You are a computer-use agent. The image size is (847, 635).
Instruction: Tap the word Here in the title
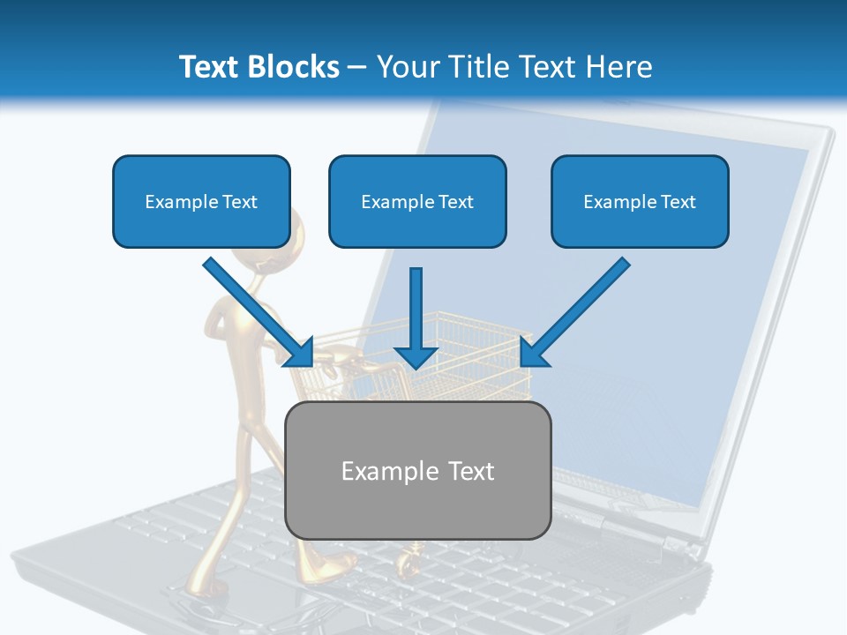615,67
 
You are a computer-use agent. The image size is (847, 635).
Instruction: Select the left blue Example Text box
201,202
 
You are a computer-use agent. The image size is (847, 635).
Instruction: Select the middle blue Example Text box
417,202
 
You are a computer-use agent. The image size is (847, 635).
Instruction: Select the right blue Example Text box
640,202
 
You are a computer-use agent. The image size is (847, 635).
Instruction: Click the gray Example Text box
418,470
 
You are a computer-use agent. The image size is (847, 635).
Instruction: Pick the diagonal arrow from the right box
577,310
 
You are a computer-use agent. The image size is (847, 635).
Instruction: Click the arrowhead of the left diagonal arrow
300,353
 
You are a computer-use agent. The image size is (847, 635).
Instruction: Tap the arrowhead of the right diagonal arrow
533,353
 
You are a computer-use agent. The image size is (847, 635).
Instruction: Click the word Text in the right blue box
678,202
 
